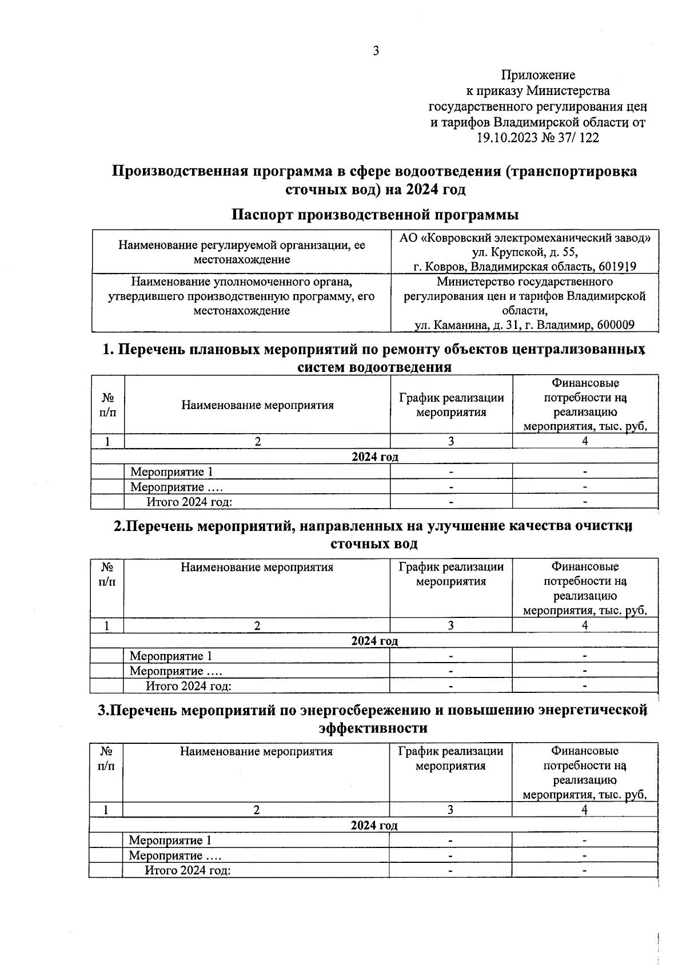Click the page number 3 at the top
pyautogui.click(x=376, y=51)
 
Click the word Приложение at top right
pyautogui.click(x=538, y=75)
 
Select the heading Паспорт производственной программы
pyautogui.click(x=375, y=215)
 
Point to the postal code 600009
pyautogui.click(x=615, y=325)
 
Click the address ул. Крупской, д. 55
pyautogui.click(x=524, y=252)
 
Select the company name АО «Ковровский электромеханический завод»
pyautogui.click(x=524, y=238)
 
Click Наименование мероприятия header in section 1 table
pyautogui.click(x=257, y=405)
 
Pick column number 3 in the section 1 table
pyautogui.click(x=450, y=441)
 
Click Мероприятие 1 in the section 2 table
pyautogui.click(x=170, y=656)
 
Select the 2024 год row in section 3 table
pyautogui.click(x=374, y=825)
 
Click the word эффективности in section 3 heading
pyautogui.click(x=373, y=728)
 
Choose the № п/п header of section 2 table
pyautogui.click(x=107, y=574)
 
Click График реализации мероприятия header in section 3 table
pyautogui.click(x=450, y=758)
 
